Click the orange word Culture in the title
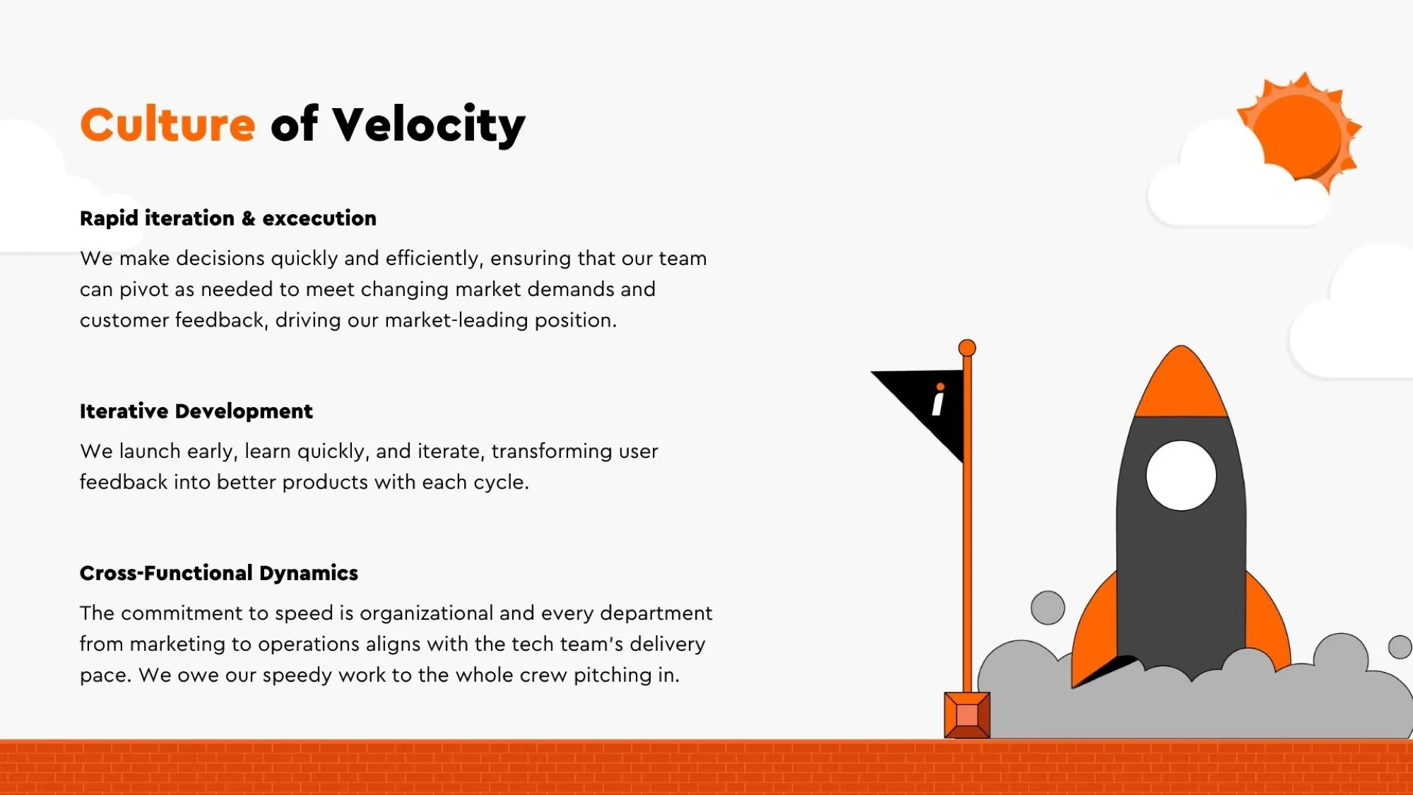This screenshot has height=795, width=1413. tap(167, 125)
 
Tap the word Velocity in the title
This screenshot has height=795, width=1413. tap(429, 126)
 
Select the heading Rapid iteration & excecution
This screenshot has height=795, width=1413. tap(228, 218)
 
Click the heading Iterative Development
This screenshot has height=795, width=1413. tap(196, 411)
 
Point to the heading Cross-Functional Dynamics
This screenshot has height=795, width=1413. tap(219, 573)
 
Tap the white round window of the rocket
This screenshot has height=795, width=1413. tap(1181, 476)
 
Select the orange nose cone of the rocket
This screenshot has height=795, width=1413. tap(1181, 385)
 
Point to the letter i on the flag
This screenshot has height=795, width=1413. tap(938, 399)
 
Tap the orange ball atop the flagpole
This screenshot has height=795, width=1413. tap(967, 348)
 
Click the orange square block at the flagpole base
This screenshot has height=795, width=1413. tap(967, 715)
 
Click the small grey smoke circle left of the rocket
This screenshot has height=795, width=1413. tap(1048, 608)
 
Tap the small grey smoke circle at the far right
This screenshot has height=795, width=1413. tap(1400, 647)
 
